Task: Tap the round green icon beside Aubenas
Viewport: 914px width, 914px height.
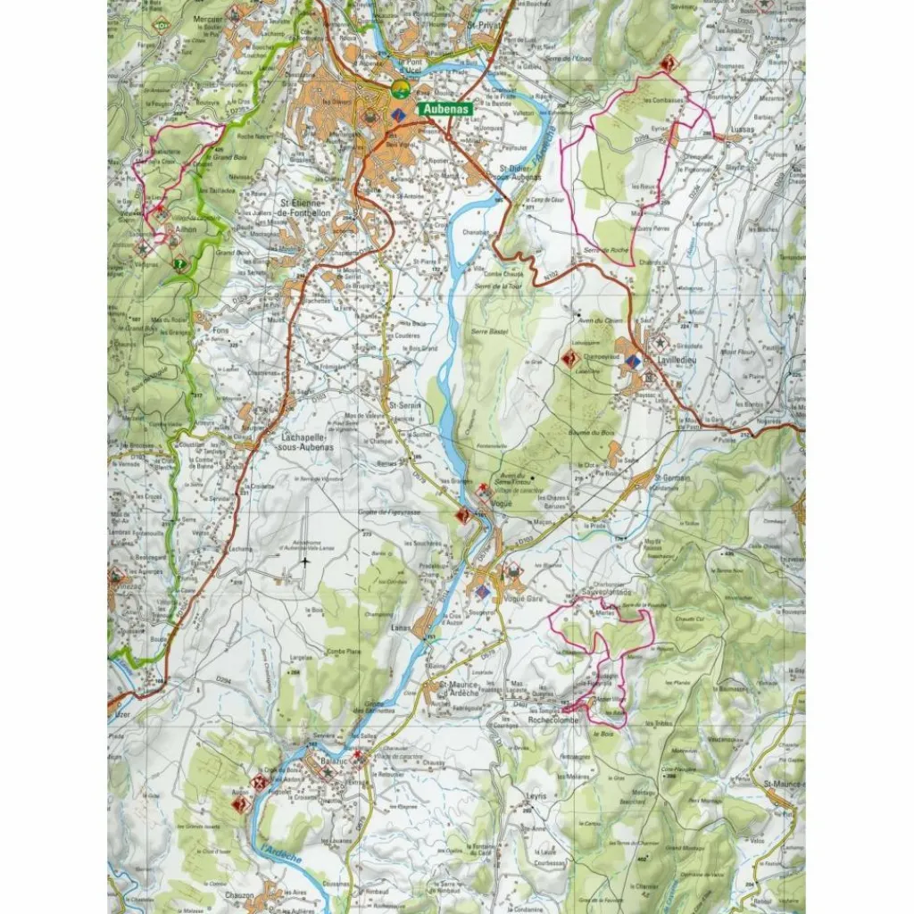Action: pos(401,89)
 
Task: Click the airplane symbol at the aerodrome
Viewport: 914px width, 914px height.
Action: pos(305,561)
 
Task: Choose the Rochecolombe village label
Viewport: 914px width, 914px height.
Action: pos(554,719)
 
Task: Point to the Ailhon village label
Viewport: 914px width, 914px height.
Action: pos(186,229)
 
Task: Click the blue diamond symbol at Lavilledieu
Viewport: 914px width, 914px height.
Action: pos(633,361)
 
